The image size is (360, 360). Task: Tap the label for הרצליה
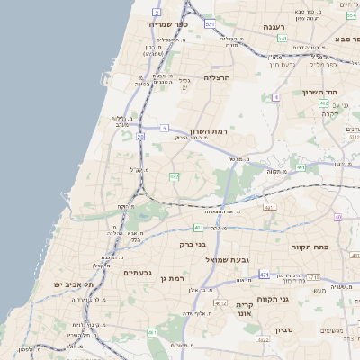[x=219, y=77]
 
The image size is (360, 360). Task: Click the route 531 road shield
[x=210, y=23]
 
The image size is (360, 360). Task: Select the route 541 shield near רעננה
[x=283, y=40]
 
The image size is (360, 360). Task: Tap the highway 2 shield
[x=157, y=12]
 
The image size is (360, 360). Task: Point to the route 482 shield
[x=175, y=176]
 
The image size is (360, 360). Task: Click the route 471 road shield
[x=265, y=274]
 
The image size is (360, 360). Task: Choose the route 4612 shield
[x=221, y=302]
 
